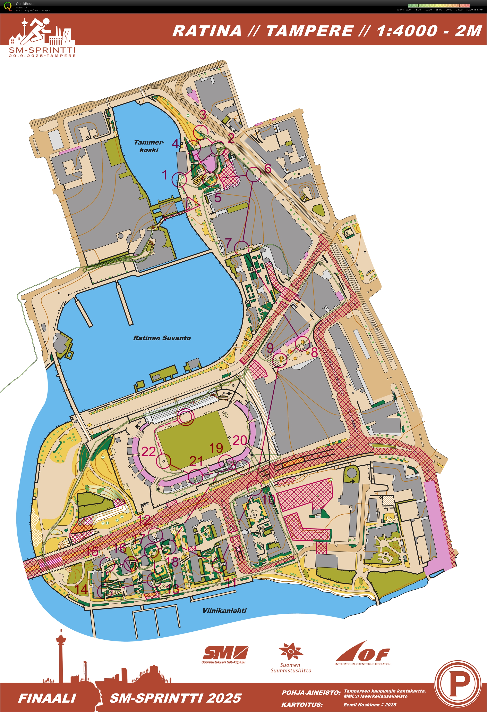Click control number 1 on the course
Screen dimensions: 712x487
[165, 175]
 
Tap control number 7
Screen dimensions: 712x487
[228, 243]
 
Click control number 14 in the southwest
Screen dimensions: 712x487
[82, 589]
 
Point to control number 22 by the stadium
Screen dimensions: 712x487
[148, 452]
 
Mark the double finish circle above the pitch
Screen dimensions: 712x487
[186, 417]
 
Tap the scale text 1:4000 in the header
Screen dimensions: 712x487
[407, 31]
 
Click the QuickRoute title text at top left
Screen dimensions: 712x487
[25, 4]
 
